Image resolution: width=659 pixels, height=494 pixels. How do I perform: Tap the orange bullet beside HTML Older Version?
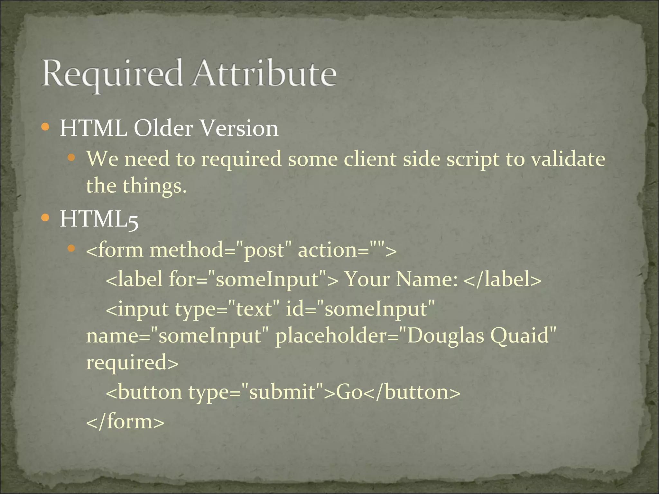coord(45,127)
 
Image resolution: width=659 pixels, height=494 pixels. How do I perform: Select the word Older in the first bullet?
coord(163,128)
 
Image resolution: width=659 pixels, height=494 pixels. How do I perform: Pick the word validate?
coord(568,159)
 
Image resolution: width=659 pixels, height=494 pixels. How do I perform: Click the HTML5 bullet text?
coord(99,219)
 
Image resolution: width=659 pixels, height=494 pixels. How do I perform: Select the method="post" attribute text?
coord(218,250)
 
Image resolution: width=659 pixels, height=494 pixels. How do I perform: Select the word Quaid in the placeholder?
coord(523,335)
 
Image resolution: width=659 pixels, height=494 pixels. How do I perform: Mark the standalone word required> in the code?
coord(132,362)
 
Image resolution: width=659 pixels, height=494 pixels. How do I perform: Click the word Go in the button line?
coord(349,392)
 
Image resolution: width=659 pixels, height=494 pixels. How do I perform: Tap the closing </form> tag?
coord(125,421)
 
